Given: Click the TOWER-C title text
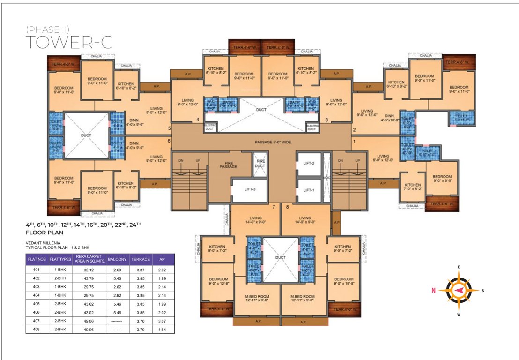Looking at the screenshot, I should pos(69,42).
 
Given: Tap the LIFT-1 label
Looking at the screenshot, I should pos(308,190).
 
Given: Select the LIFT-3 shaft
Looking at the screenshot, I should pos(249,189).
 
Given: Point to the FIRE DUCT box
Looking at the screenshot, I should pos(259,164).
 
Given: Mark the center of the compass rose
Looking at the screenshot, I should pos(459,291).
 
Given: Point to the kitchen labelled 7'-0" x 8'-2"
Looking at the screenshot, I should pos(413,187).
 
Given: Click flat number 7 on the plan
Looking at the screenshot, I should pos(275,206).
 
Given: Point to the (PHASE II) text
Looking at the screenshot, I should pos(48,30).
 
